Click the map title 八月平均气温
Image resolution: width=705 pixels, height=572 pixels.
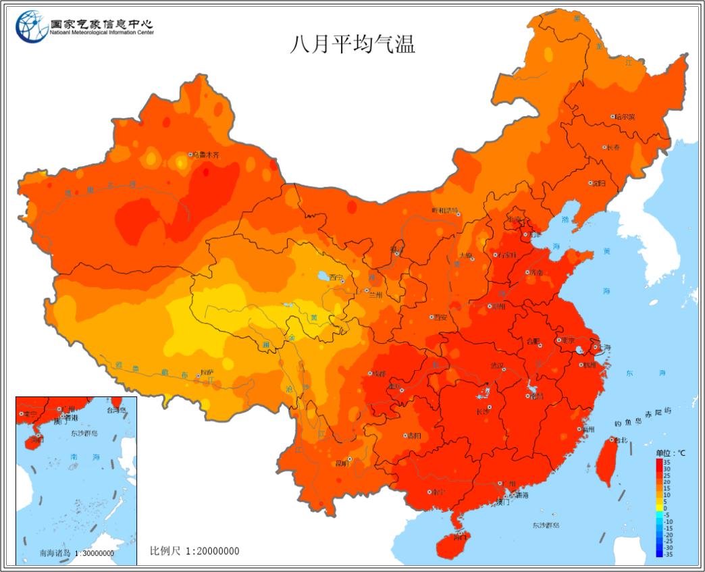tap(352, 44)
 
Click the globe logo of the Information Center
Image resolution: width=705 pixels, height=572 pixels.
tap(31, 27)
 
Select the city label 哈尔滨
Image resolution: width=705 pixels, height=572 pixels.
tap(624, 116)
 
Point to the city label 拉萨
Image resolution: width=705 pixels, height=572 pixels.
tap(207, 372)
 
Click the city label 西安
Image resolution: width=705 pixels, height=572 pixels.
tap(440, 317)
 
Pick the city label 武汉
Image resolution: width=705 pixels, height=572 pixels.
tap(497, 365)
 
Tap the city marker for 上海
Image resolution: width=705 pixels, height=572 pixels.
tap(595, 348)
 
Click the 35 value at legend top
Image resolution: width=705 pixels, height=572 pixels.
tap(666, 461)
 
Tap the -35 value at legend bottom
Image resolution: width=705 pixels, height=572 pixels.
tap(667, 554)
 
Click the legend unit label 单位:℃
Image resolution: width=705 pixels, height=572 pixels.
tap(670, 452)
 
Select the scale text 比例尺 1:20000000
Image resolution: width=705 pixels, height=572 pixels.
tap(194, 551)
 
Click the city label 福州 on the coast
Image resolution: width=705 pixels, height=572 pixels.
tap(587, 429)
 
